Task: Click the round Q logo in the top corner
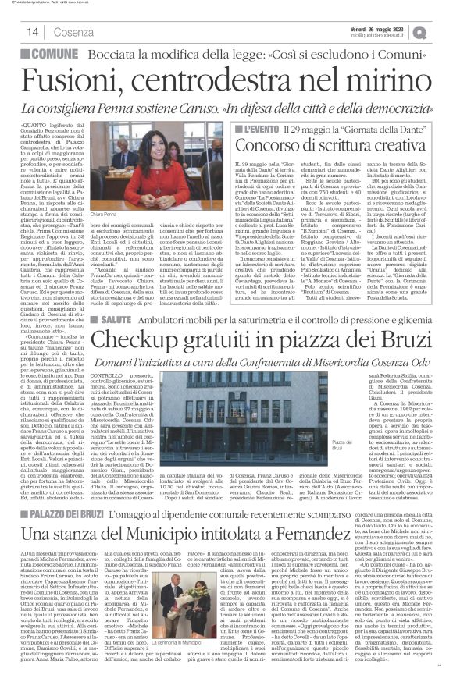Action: (442, 29)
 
